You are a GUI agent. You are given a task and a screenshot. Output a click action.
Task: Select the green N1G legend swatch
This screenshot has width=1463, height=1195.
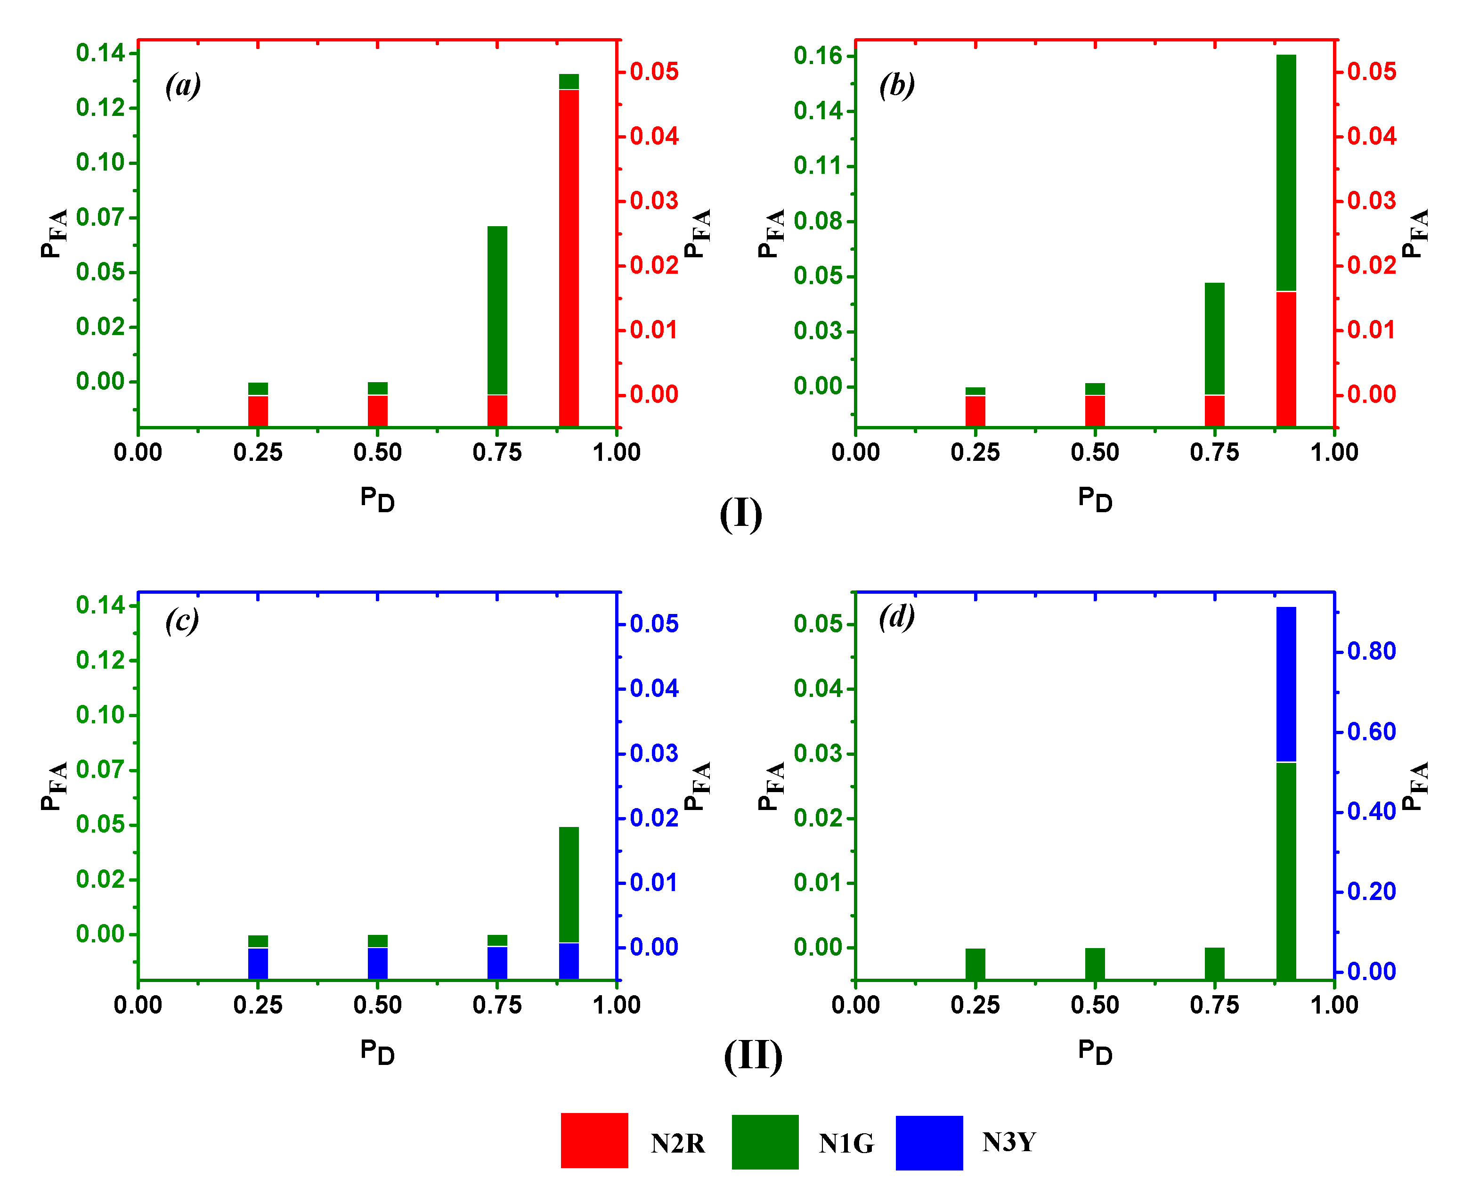tap(764, 1141)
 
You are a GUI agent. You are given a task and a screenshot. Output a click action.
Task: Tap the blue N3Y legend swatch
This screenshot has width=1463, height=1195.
tap(928, 1142)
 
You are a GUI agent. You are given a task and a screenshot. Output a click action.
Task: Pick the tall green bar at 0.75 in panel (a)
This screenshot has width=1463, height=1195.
tap(497, 310)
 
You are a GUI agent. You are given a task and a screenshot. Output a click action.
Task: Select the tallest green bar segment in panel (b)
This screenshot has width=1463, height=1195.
tap(1285, 172)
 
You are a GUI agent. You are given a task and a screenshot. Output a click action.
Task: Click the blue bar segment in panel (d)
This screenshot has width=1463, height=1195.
tap(1285, 684)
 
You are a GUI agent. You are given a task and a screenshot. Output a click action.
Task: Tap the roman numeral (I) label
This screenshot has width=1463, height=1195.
tap(740, 514)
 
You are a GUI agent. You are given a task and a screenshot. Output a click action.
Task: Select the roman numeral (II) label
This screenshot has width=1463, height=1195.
tap(753, 1056)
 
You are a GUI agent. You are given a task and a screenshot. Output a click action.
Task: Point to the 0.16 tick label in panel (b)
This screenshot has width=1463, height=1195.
tap(818, 56)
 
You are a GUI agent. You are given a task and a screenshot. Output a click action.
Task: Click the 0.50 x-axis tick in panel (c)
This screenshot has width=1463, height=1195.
tap(377, 1005)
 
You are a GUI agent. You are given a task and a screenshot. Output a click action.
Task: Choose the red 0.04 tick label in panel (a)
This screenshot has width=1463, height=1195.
tap(654, 136)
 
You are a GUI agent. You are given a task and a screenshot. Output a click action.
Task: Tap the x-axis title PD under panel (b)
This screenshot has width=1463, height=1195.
tap(1095, 499)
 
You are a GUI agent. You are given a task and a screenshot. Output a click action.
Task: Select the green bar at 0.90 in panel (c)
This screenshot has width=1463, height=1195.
tap(569, 884)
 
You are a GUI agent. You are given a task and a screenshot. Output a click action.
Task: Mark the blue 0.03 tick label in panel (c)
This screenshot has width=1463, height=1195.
tap(654, 753)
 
